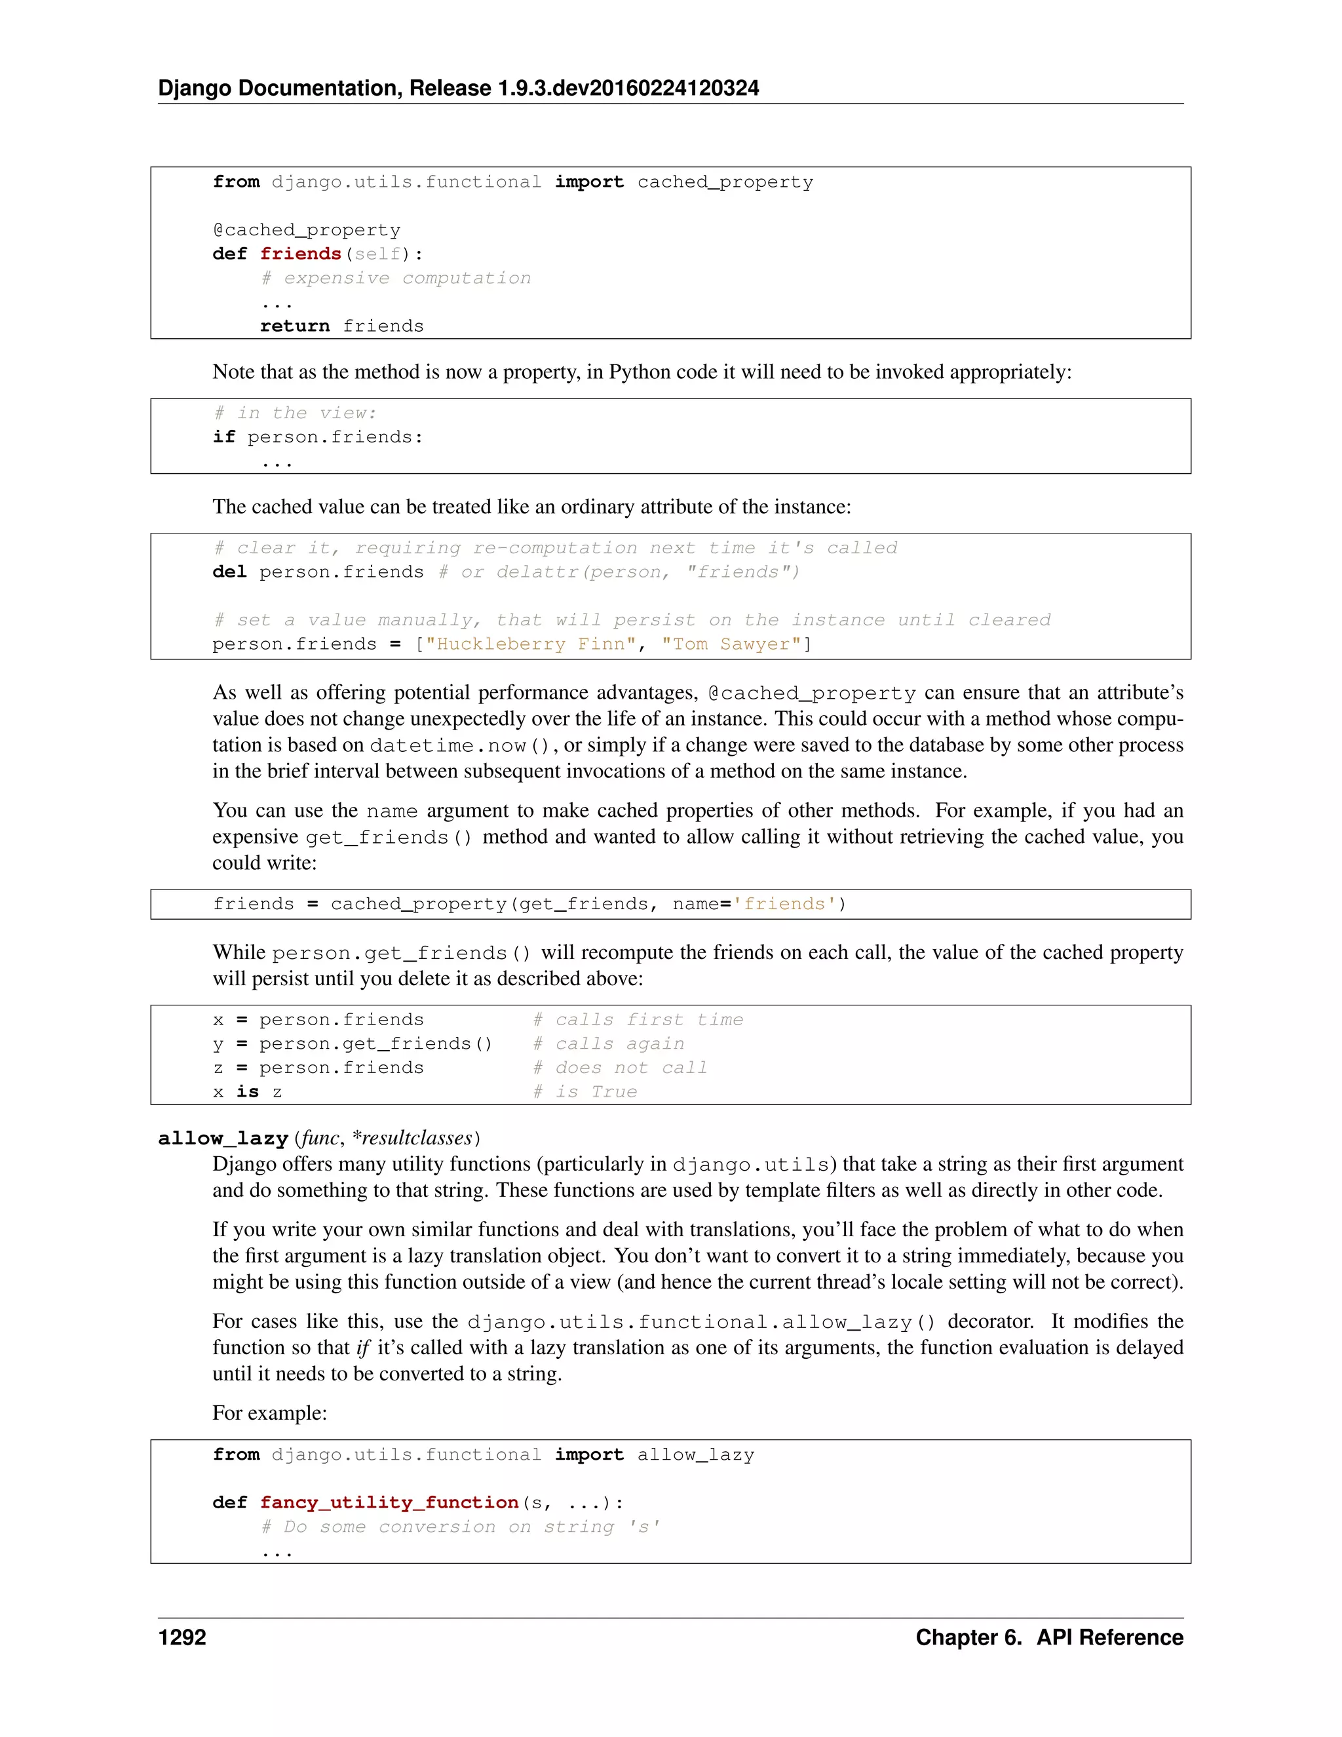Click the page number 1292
coord(182,1637)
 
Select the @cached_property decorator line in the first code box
coord(306,230)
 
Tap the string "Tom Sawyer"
coord(731,644)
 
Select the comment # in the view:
coord(295,413)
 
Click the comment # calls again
coord(608,1044)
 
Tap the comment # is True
coord(585,1092)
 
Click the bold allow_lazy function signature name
coord(223,1138)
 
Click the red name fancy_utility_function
coord(389,1502)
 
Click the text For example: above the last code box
coord(269,1413)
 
